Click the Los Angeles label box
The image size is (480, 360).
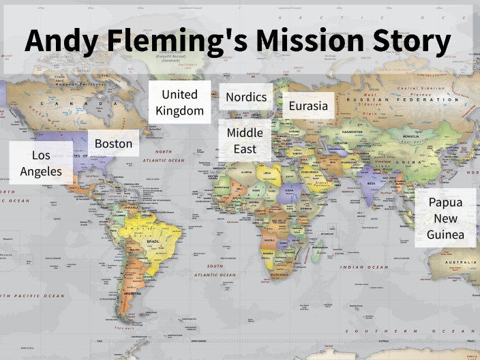[x=41, y=163]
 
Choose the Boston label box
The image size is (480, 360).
[x=113, y=143]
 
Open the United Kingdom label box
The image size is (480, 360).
[x=179, y=102]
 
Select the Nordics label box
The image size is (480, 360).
[x=246, y=97]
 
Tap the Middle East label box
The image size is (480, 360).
[x=245, y=140]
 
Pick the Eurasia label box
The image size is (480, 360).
[x=308, y=106]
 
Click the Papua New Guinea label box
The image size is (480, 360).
[x=445, y=219]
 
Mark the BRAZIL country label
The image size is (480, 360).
[x=153, y=242]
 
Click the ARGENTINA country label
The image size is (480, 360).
[x=133, y=294]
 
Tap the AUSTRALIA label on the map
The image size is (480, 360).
[x=460, y=262]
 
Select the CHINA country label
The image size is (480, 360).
[x=400, y=161]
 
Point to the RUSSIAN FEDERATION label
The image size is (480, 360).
[x=402, y=100]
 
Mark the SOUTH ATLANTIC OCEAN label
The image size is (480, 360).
[x=215, y=270]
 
